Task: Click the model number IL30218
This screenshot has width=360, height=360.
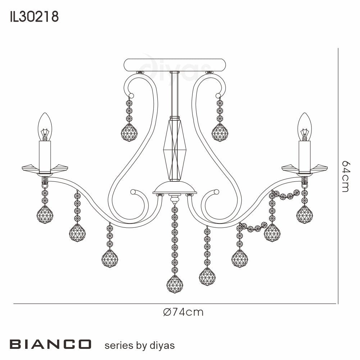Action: click(34, 17)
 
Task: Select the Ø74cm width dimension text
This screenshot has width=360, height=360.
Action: click(183, 312)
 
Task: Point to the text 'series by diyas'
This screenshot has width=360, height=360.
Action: click(139, 345)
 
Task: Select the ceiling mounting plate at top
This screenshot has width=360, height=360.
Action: click(175, 65)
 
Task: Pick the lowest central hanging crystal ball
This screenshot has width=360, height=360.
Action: click(175, 285)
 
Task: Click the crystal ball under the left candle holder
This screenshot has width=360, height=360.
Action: click(45, 215)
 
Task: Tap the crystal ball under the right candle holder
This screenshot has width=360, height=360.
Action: click(304, 215)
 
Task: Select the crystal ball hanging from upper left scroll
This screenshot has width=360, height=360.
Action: click(129, 133)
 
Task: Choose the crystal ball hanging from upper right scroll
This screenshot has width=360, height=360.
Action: click(220, 133)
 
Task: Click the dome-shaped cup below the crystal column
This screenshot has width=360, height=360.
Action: click(175, 187)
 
